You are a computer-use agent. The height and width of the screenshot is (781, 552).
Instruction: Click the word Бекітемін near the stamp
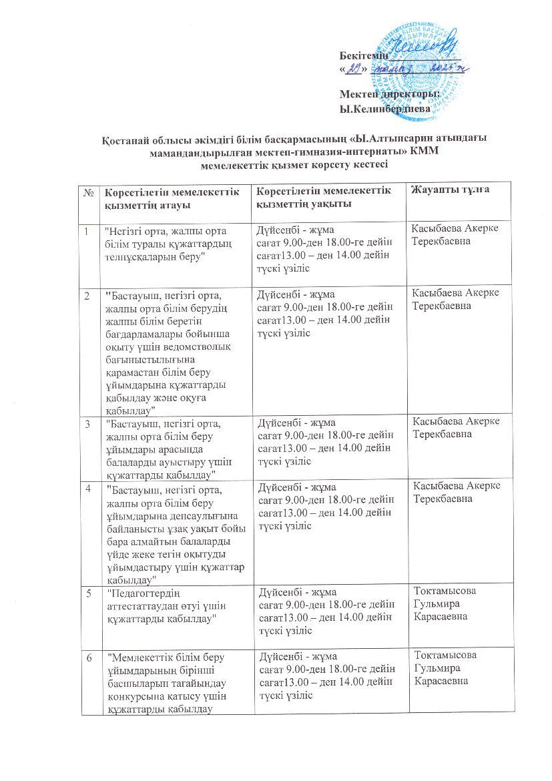(x=363, y=55)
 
